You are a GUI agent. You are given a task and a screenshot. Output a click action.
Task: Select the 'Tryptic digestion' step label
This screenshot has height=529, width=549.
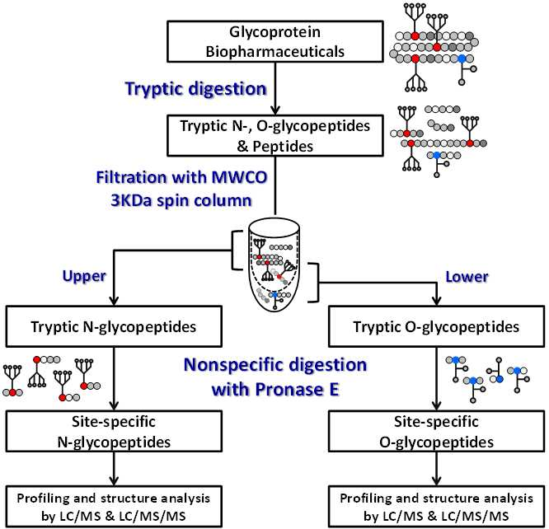pos(196,88)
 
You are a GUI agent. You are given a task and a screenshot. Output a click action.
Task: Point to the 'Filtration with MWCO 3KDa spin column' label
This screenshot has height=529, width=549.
pos(181,189)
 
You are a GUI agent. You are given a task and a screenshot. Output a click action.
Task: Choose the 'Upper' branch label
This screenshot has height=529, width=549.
pos(84,276)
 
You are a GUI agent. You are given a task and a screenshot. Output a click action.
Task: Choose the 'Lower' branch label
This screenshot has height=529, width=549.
pos(467,277)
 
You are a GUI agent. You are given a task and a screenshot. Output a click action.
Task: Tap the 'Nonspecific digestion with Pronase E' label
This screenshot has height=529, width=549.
pos(275,377)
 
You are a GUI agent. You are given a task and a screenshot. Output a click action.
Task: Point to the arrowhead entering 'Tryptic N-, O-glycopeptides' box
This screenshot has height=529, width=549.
pos(275,110)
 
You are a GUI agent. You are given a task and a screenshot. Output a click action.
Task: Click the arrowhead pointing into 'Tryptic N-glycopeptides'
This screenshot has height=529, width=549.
pos(114,301)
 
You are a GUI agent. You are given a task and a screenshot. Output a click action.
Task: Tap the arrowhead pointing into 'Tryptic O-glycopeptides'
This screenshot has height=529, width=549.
pos(436,301)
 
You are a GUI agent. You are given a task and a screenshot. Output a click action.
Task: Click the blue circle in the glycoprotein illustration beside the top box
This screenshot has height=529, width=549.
pos(462,59)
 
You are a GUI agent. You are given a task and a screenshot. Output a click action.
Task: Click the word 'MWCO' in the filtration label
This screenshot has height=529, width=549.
pos(239,177)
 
